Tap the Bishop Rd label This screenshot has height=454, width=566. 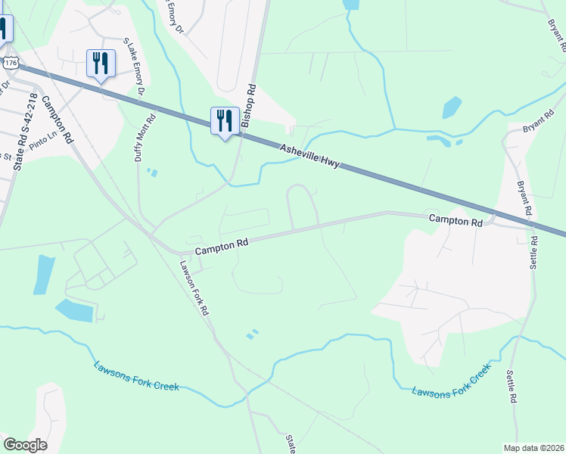pos(249,105)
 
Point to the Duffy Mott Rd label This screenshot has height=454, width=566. pos(145,138)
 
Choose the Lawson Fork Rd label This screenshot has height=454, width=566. pos(194,288)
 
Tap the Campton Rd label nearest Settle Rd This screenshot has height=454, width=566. pos(456,222)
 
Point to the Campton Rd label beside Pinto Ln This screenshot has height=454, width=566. pos(58,120)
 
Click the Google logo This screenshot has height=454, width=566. pos(25,445)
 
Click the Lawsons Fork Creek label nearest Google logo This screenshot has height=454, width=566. pos(136,375)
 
